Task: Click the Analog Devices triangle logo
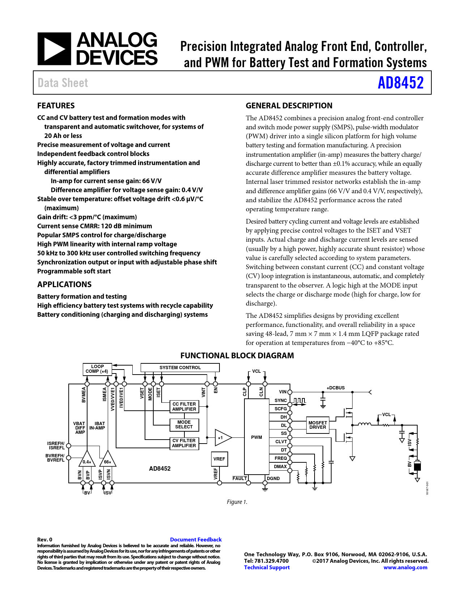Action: pyautogui.click(x=54, y=49)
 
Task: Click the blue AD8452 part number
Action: pyautogui.click(x=400, y=83)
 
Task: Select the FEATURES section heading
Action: pyautogui.click(x=56, y=105)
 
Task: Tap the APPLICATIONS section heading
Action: pyautogui.click(x=64, y=284)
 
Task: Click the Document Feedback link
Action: pyautogui.click(x=196, y=540)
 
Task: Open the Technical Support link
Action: pyautogui.click(x=267, y=567)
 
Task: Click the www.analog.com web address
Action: pyautogui.click(x=405, y=567)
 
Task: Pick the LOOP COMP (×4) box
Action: pyautogui.click(x=97, y=369)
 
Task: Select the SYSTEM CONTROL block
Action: pyautogui.click(x=180, y=368)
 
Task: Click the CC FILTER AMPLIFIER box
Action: pyautogui.click(x=184, y=407)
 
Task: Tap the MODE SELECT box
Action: pyautogui.click(x=184, y=424)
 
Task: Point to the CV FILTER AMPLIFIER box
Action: pyautogui.click(x=184, y=443)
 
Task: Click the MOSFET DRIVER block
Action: pyautogui.click(x=317, y=425)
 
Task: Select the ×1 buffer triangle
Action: pyautogui.click(x=222, y=438)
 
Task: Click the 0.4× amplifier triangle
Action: pyautogui.click(x=87, y=460)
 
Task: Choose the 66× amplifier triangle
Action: pyautogui.click(x=107, y=460)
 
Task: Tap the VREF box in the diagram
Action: pyautogui.click(x=219, y=459)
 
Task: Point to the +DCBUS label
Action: pyautogui.click(x=336, y=388)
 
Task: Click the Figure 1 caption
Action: pyautogui.click(x=237, y=502)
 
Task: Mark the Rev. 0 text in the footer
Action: pyautogui.click(x=45, y=540)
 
